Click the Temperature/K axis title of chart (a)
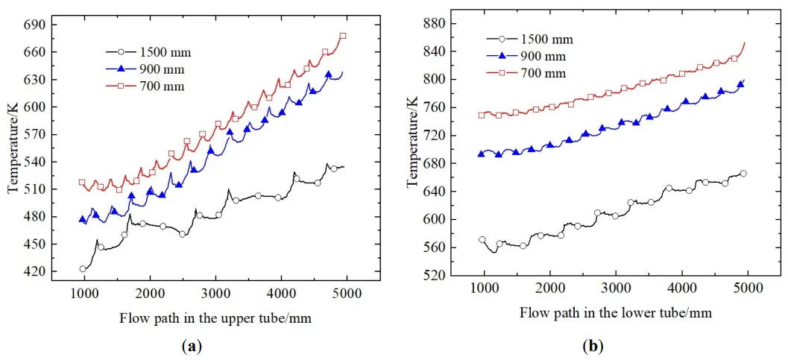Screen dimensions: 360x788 [13, 149]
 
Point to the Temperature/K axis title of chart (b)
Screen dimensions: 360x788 [412, 150]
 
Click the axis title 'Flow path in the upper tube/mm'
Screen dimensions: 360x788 [215, 318]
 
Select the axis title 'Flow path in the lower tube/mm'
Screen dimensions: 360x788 [615, 313]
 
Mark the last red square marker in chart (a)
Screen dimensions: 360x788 [343, 36]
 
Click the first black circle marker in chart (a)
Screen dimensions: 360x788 [83, 269]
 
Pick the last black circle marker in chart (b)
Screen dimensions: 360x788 [743, 174]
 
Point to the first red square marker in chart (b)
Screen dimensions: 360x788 [482, 116]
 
